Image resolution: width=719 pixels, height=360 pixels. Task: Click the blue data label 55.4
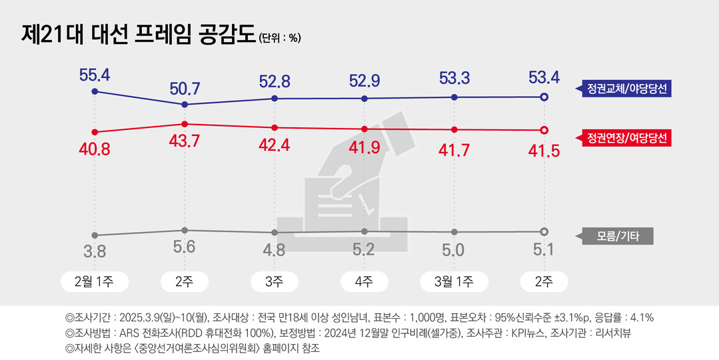[x=95, y=74]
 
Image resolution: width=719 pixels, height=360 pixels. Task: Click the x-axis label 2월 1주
[x=95, y=281]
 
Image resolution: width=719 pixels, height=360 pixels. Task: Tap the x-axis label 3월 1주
[x=454, y=281]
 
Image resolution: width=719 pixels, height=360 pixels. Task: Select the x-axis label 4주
[x=364, y=281]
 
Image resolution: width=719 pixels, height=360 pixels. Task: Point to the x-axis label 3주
[x=274, y=281]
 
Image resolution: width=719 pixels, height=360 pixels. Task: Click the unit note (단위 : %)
[x=279, y=38]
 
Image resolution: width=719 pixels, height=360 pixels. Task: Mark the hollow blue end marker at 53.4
[x=544, y=97]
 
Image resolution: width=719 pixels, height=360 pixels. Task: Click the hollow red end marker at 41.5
[x=544, y=130]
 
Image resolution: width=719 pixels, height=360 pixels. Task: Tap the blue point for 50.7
[x=185, y=105]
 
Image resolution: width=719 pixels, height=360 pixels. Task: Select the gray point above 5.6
[x=185, y=230]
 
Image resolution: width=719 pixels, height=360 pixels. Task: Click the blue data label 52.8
[x=274, y=81]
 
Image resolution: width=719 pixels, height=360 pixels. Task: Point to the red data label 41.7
[x=454, y=150]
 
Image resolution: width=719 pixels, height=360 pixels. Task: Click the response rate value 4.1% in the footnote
[x=642, y=317]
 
